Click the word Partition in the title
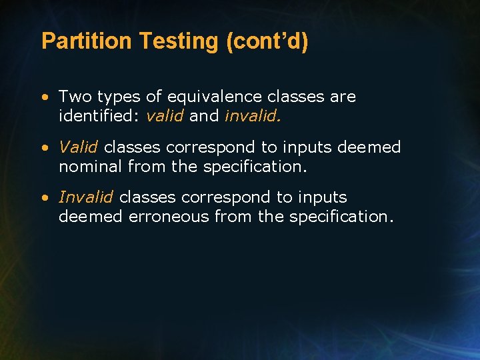87,41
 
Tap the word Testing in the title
179,41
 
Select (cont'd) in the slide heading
267,41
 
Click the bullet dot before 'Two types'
44,97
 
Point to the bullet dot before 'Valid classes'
44,147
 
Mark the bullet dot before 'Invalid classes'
44,198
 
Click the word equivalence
217,97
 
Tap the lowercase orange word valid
165,116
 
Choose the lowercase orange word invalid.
253,116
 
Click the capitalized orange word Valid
79,147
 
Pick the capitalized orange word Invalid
86,197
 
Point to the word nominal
91,166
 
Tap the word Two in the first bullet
75,97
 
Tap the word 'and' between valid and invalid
204,116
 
